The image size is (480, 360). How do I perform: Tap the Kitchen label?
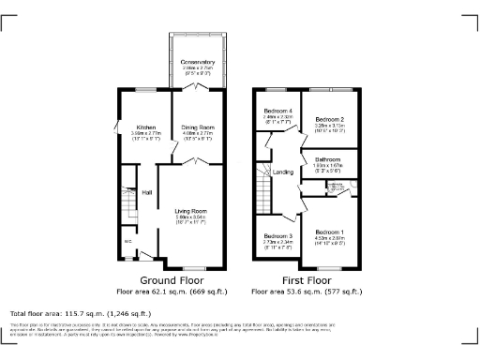click(x=146, y=127)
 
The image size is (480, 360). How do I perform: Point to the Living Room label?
click(x=190, y=211)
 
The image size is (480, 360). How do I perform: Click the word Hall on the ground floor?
click(x=147, y=194)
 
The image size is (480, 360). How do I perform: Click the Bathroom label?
click(x=328, y=159)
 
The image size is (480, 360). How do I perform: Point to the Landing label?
click(x=282, y=172)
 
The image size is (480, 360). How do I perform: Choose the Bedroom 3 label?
click(x=277, y=236)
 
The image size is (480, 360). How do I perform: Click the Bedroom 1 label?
click(x=329, y=232)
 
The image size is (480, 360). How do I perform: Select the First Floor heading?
click(x=307, y=280)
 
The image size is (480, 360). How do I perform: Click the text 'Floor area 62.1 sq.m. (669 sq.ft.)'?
click(x=172, y=292)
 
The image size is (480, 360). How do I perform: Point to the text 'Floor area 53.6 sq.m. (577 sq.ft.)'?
click(x=307, y=292)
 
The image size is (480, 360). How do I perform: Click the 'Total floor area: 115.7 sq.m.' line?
click(x=80, y=312)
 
